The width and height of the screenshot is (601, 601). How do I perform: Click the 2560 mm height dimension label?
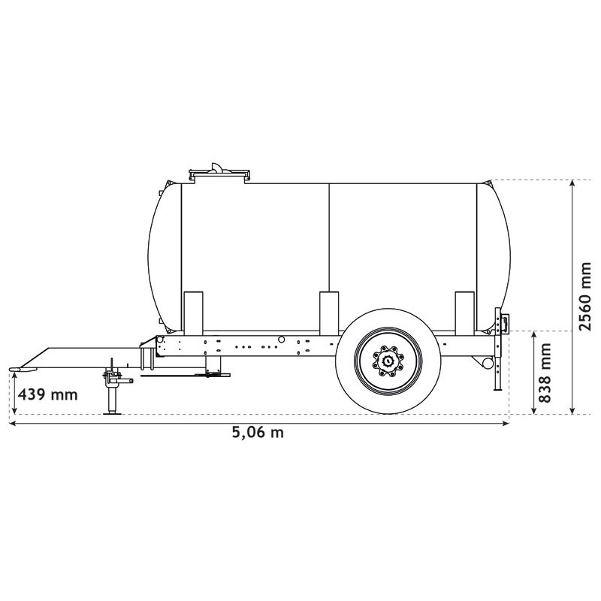tap(585, 296)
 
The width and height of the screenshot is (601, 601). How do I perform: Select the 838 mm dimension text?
tap(545, 373)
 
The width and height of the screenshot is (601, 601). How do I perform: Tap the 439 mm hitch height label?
tap(47, 394)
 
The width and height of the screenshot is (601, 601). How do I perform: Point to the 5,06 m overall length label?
tap(257, 433)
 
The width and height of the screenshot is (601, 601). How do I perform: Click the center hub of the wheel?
tap(388, 361)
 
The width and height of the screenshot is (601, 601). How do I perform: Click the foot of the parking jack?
tap(113, 412)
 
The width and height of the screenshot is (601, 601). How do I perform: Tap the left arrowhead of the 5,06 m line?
tap(13, 424)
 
